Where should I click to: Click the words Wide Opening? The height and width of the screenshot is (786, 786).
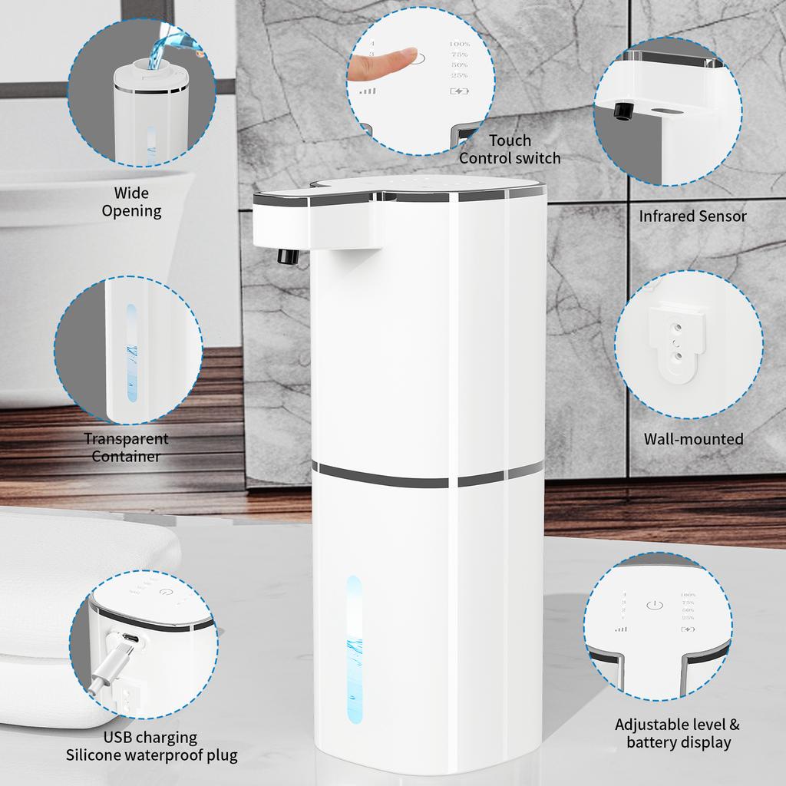[131, 202]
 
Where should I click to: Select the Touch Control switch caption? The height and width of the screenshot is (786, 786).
[510, 149]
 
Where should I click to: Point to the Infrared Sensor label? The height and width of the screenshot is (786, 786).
[692, 216]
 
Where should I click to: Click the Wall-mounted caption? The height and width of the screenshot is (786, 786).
[693, 439]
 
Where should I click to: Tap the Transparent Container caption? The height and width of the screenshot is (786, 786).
[126, 447]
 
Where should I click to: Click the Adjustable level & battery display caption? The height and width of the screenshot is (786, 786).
[677, 733]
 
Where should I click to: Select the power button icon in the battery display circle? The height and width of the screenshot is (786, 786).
[653, 606]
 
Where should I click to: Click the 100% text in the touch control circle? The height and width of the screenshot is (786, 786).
[459, 45]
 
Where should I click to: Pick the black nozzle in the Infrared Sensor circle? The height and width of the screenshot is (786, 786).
[622, 112]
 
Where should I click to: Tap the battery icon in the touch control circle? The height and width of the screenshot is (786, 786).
[458, 91]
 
